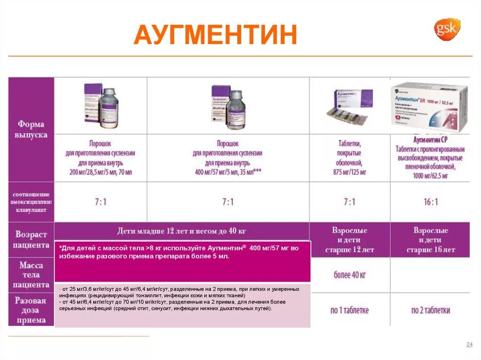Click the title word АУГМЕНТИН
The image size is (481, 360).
point(215,36)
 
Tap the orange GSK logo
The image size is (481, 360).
point(446,29)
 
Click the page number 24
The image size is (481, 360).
point(469,345)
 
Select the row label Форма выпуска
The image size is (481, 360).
point(31,129)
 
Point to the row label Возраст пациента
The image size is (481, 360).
point(31,239)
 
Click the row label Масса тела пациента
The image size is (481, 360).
point(31,275)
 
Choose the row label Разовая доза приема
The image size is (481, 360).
point(31,310)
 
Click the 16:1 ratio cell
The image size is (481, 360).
point(430,202)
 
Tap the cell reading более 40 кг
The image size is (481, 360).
point(349,275)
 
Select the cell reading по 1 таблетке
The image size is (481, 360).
point(349,310)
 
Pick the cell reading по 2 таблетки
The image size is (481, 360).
point(430,310)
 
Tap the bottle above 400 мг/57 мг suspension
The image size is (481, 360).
point(233,107)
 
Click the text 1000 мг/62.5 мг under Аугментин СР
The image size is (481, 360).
point(430,176)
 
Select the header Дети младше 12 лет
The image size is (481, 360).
point(181,231)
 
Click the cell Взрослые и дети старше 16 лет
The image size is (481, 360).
point(430,240)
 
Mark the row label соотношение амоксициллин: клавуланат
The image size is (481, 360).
point(31,202)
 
